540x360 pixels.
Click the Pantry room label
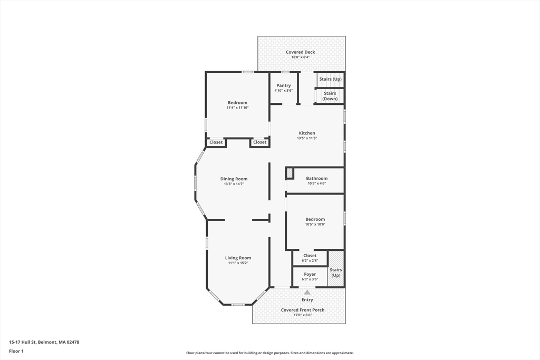point(283,85)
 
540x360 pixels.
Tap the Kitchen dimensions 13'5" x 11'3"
point(307,138)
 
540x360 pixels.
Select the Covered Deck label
point(300,52)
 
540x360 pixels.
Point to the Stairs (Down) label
point(330,96)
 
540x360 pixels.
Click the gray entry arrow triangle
point(307,292)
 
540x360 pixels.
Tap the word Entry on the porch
point(307,300)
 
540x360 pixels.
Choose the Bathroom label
point(317,178)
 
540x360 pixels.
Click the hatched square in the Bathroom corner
point(290,173)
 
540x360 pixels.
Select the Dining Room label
point(234,179)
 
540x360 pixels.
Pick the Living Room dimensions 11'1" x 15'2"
point(238,263)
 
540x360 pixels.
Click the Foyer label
point(310,274)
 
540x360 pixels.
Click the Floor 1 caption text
point(16,351)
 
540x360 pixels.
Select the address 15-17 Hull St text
point(23,342)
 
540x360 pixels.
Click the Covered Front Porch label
point(303,310)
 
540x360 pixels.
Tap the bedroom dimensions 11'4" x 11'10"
point(238,108)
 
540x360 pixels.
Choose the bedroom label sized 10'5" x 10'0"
point(315,219)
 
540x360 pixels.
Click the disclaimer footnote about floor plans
point(270,353)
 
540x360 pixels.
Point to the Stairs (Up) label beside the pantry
point(330,79)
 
